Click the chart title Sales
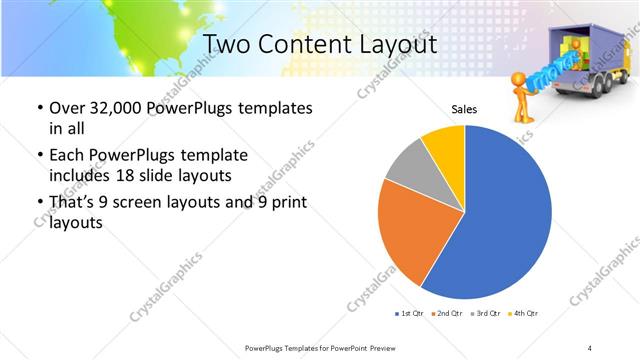tap(464, 109)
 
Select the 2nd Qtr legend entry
tap(446, 314)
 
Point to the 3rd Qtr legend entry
tap(486, 314)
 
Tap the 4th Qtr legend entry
tap(525, 314)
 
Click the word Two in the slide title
tap(224, 45)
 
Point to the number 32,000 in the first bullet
tap(112, 108)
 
